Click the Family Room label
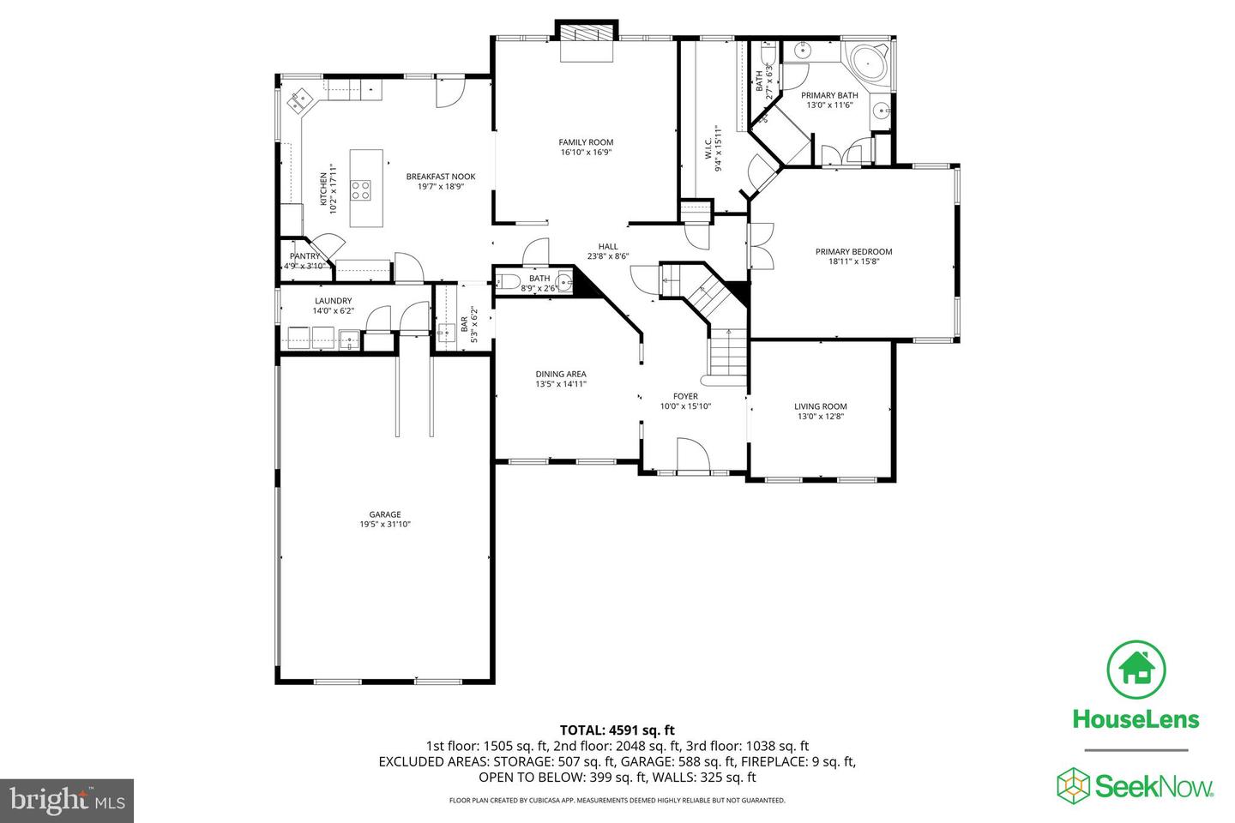586,142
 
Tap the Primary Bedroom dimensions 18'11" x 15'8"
853,261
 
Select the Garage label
385,514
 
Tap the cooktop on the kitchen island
361,189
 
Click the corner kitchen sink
300,101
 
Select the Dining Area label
561,374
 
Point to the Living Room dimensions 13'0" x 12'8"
820,418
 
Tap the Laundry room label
333,301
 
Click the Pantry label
304,256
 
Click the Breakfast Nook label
441,177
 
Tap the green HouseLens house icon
1136,669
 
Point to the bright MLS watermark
67,801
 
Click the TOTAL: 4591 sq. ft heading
617,730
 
